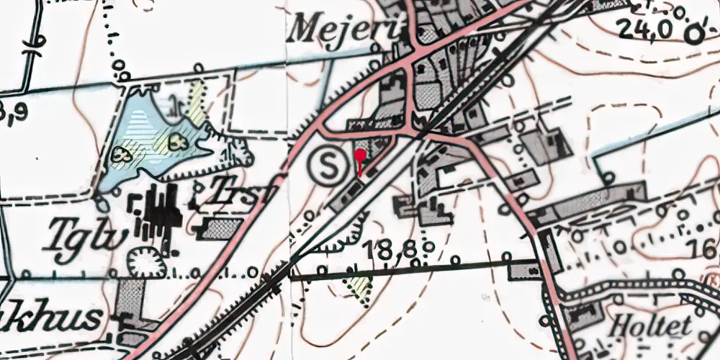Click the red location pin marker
pos(360,153)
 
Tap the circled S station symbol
pos(328,167)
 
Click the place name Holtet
pos(649,325)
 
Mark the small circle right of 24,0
pos(694,34)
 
